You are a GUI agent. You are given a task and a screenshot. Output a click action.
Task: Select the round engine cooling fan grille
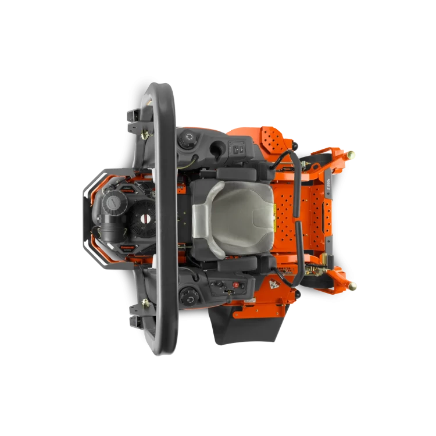140,221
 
